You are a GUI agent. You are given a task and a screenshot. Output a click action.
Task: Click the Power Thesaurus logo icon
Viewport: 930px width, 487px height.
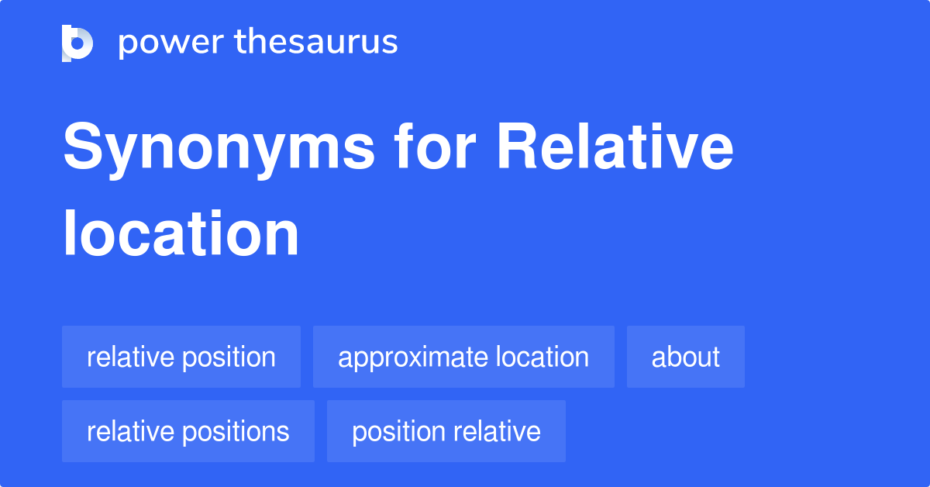[x=77, y=43]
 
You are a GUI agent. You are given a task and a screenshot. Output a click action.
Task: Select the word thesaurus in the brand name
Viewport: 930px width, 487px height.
[x=317, y=43]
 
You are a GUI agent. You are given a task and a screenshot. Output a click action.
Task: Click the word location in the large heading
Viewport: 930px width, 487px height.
[x=181, y=234]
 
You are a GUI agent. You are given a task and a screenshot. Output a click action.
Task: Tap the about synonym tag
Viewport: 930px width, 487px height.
[x=685, y=357]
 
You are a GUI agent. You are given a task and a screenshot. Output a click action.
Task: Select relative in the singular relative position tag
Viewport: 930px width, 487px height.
[x=129, y=357]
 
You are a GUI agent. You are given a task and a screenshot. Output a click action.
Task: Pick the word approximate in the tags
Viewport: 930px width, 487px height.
[x=402, y=357]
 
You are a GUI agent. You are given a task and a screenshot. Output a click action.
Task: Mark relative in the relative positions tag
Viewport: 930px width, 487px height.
[x=129, y=431]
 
